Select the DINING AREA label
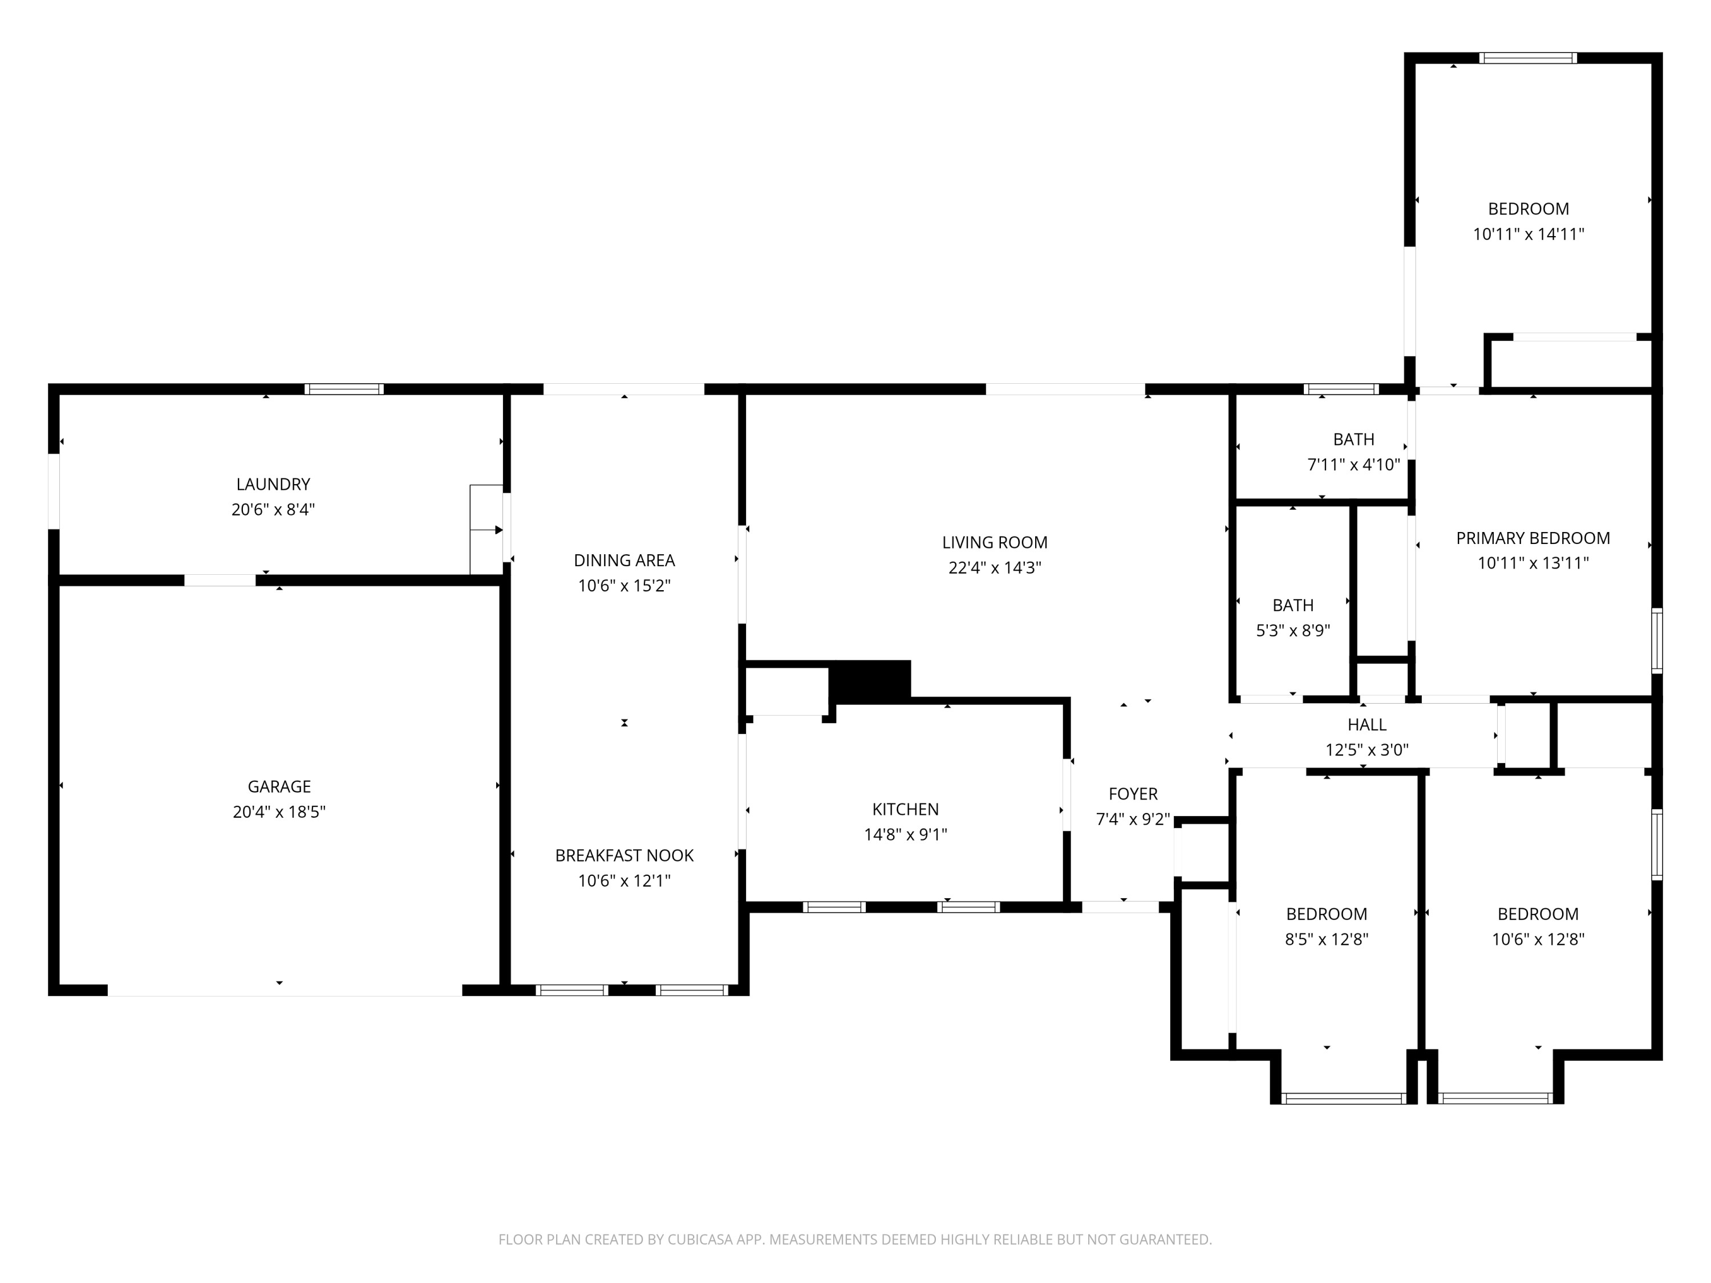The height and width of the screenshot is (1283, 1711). (624, 560)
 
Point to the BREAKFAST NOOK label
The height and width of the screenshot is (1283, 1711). (624, 855)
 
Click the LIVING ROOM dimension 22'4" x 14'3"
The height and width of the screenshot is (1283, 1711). (995, 567)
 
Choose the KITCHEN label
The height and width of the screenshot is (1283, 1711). (905, 809)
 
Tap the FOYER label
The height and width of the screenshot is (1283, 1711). (1133, 794)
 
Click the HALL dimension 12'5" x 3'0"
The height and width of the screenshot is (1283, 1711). (1367, 749)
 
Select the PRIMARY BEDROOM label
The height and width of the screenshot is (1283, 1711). (1532, 538)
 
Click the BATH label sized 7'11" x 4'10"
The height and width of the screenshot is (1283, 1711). (1353, 439)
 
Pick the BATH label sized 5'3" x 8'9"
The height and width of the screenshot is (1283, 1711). (1292, 605)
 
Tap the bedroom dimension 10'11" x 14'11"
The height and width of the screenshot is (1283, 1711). (1528, 234)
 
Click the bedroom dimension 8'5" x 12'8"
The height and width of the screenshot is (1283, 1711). (1327, 939)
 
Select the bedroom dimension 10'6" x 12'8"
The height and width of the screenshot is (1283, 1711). (1538, 939)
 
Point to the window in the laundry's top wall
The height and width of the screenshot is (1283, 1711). (343, 389)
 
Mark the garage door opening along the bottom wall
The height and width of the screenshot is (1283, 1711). (284, 990)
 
